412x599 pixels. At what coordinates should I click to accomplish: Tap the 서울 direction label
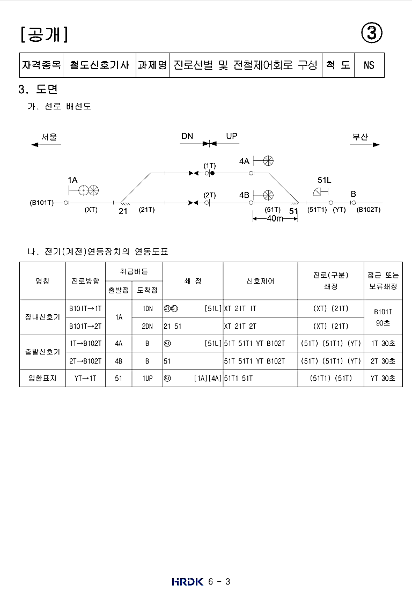[x=49, y=137]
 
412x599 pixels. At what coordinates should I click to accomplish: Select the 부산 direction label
[x=360, y=137]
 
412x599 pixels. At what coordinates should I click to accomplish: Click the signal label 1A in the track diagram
[x=72, y=180]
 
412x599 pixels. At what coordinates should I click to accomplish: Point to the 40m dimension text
[x=275, y=219]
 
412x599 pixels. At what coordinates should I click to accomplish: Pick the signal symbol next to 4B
[x=268, y=194]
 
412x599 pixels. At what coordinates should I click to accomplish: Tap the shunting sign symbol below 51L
[x=321, y=192]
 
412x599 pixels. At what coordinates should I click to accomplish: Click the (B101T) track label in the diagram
[x=41, y=203]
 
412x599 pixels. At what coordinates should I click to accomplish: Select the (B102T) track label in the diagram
[x=369, y=210]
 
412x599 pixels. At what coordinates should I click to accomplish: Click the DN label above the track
[x=187, y=137]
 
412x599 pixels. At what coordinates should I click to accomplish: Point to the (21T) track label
[x=146, y=210]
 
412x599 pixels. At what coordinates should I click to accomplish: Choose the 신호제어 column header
[x=260, y=281]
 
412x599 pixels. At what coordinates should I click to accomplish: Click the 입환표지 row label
[x=42, y=378]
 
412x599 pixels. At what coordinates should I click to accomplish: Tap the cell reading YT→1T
[x=85, y=378]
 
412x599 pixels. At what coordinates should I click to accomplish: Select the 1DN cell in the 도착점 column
[x=148, y=308]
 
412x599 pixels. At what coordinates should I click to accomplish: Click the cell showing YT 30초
[x=383, y=378]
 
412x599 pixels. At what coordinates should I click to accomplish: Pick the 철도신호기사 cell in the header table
[x=99, y=65]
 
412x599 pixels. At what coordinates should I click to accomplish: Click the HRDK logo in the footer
[x=188, y=581]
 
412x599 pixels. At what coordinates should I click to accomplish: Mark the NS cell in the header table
[x=369, y=65]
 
